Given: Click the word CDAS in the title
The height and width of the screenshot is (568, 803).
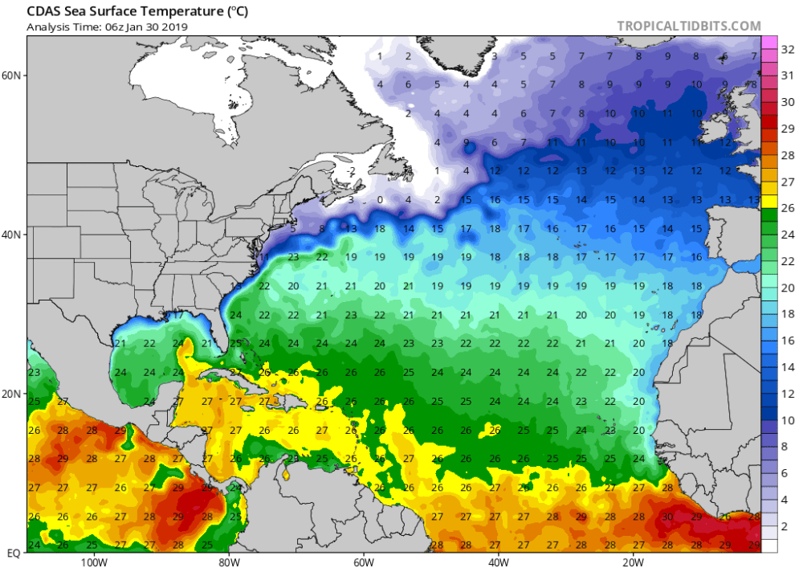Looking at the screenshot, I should coord(47,12).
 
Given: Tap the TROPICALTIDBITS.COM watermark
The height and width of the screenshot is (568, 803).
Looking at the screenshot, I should coord(688,27).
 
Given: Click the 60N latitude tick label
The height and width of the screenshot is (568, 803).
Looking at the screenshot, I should coord(12,75).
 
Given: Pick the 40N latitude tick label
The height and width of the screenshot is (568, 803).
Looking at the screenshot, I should coord(12,235).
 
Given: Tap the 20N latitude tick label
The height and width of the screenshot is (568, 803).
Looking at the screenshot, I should coord(12,394).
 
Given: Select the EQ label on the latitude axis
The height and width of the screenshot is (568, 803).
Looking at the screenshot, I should coord(14,554).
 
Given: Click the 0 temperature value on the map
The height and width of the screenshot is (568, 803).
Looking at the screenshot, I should coord(379,200).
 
